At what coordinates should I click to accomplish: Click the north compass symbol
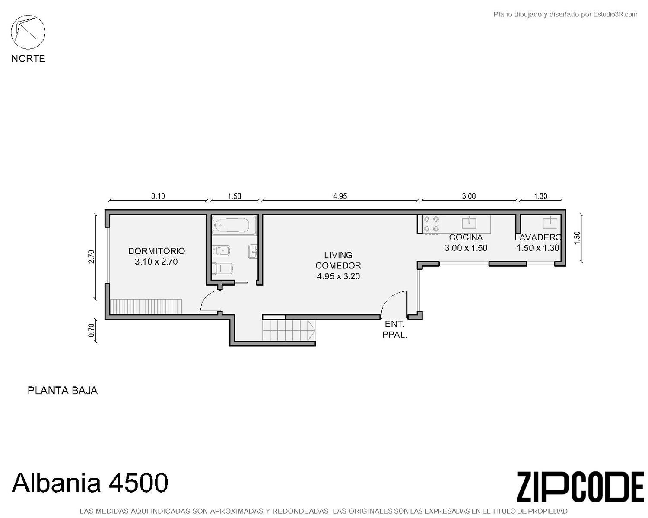coord(28,32)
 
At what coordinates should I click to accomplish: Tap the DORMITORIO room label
coord(156,251)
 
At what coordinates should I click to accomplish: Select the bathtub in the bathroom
coord(234,225)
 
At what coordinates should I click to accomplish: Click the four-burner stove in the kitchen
coord(432,224)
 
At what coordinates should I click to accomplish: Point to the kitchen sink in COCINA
coord(469,223)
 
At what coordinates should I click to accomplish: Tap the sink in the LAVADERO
coord(550,223)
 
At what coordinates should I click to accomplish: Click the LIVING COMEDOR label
coord(338,260)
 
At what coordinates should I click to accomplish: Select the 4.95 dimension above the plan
coord(340,196)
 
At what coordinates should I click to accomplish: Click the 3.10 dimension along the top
coord(158,196)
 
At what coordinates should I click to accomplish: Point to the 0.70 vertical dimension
coord(92,330)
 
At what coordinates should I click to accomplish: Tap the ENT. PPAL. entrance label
coord(394,329)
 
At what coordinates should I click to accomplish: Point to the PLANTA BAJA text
coord(63,391)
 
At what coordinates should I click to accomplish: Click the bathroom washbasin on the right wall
coord(252,251)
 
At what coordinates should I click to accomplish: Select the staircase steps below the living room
coord(289,330)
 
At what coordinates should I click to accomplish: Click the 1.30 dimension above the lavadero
coord(540,196)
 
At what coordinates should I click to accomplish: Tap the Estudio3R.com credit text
coord(565,14)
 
